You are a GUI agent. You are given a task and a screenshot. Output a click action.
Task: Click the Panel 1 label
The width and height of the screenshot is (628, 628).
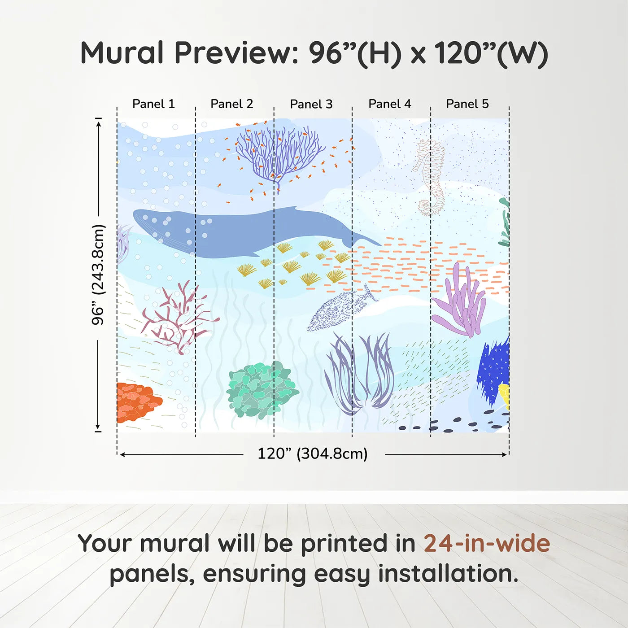153,104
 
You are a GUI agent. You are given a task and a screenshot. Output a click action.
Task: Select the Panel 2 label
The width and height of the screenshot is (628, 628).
231,104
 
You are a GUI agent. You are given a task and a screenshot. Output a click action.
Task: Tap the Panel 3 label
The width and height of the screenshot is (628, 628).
311,104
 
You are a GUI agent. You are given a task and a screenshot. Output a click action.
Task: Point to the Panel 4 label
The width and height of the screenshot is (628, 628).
389,104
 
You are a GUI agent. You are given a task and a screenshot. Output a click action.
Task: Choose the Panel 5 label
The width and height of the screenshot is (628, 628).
467,104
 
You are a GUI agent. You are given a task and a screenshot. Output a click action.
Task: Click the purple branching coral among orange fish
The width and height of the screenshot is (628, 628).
278,155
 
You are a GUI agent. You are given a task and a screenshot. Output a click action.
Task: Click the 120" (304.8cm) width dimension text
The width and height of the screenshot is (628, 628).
312,454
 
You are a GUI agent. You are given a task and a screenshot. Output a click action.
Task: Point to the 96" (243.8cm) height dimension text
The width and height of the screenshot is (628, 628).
98,275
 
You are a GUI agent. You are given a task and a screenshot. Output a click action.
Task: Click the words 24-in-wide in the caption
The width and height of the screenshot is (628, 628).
487,544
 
